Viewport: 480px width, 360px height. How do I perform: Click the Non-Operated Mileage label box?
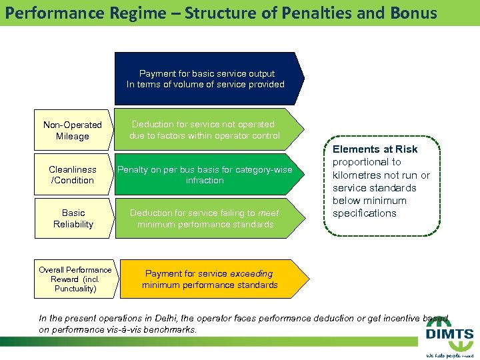click(73, 130)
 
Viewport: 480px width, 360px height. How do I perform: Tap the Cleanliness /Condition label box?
click(73, 175)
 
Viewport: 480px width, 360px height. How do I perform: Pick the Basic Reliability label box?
click(73, 219)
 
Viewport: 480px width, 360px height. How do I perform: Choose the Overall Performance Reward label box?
click(74, 279)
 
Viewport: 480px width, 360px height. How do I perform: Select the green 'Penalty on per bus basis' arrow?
click(205, 175)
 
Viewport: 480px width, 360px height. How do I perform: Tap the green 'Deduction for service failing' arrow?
click(204, 219)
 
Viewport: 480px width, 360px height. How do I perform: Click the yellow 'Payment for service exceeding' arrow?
click(209, 279)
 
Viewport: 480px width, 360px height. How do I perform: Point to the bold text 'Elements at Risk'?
click(375, 149)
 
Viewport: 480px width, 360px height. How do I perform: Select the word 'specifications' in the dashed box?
click(364, 213)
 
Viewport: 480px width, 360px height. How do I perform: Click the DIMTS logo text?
click(450, 335)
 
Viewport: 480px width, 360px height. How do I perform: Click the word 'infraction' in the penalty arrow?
click(205, 181)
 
